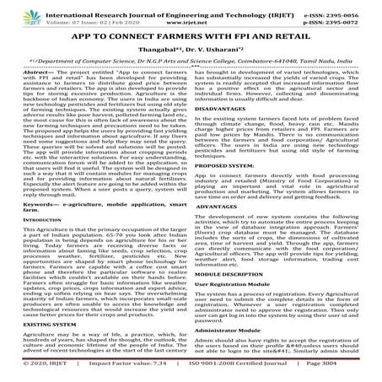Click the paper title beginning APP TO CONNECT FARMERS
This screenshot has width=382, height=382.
[191, 37]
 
